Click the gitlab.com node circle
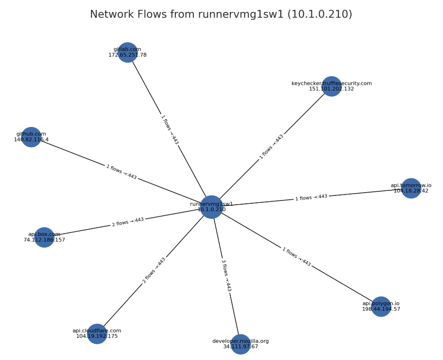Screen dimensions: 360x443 [128, 52]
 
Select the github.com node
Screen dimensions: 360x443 [31, 137]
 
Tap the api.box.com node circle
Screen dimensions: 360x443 [44, 237]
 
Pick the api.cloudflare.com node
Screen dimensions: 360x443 [97, 334]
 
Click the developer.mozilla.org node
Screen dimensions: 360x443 [240, 344]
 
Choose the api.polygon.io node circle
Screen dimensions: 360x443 [381, 307]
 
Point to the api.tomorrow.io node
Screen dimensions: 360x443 [411, 188]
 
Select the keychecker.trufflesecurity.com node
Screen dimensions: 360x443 [331, 86]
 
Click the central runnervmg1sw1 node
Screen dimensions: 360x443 [211, 207]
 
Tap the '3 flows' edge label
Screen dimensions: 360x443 [226, 275]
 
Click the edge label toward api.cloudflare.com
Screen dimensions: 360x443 [154, 270]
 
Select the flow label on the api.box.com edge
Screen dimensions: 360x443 [128, 222]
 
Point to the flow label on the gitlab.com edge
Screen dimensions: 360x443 [169, 130]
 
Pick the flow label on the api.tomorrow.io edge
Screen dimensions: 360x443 [311, 197]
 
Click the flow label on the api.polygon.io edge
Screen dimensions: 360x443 [296, 257]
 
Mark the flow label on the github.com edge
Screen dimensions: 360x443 [121, 172]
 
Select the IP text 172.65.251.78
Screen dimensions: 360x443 [127, 55]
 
